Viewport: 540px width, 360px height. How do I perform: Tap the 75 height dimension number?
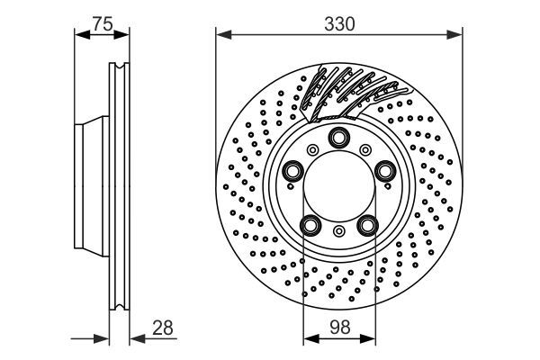point(103,24)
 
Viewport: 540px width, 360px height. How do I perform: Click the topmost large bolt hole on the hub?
point(339,138)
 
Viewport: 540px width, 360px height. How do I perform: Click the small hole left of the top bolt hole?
point(312,149)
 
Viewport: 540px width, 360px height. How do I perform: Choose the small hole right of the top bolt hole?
point(366,149)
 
